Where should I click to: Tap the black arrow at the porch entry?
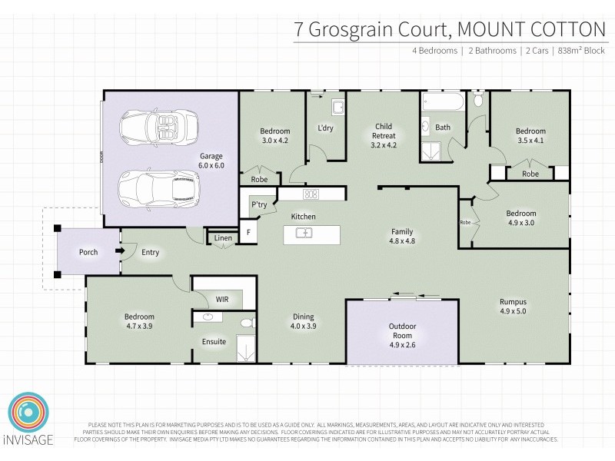click(x=119, y=251)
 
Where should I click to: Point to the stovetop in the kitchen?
click(x=311, y=194)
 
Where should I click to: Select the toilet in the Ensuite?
click(x=247, y=323)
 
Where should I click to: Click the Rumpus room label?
click(x=513, y=302)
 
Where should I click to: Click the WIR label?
click(x=222, y=299)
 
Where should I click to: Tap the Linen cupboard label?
click(x=222, y=238)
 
